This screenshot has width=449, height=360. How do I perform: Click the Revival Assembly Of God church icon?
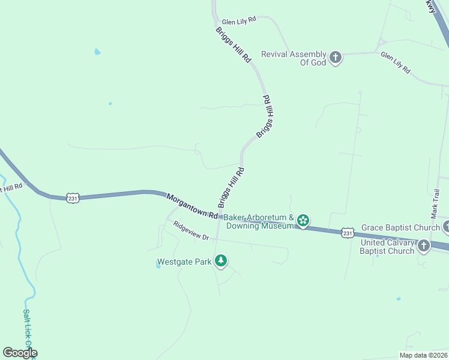(335, 58)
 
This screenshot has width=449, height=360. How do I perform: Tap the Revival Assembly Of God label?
(294, 58)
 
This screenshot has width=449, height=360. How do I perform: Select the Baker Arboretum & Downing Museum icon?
(304, 221)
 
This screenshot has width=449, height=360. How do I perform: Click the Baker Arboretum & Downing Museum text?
(259, 221)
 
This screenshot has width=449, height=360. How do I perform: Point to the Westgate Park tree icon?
(221, 261)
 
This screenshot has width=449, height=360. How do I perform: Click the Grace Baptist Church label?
(400, 228)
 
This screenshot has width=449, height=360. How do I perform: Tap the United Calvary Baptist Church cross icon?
(423, 246)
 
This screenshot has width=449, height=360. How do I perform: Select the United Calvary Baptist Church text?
(387, 247)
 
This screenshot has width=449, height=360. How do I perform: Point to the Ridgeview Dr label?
(191, 231)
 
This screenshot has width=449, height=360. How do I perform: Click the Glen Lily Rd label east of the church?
(396, 62)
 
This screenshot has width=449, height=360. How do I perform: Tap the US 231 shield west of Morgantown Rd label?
(73, 198)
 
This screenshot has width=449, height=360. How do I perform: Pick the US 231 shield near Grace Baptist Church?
(348, 232)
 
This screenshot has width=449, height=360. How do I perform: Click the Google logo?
(20, 353)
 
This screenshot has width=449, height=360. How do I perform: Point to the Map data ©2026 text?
(423, 355)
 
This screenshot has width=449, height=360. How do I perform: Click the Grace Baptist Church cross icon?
(447, 227)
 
